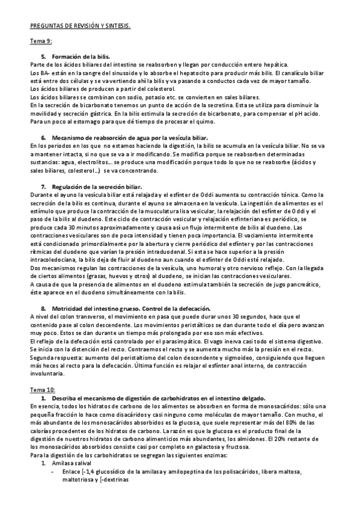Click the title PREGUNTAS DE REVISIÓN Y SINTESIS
81,26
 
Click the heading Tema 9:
41,41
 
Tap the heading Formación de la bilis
81,57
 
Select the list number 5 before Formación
43,57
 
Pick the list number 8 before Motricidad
43,308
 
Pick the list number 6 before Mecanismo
43,138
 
